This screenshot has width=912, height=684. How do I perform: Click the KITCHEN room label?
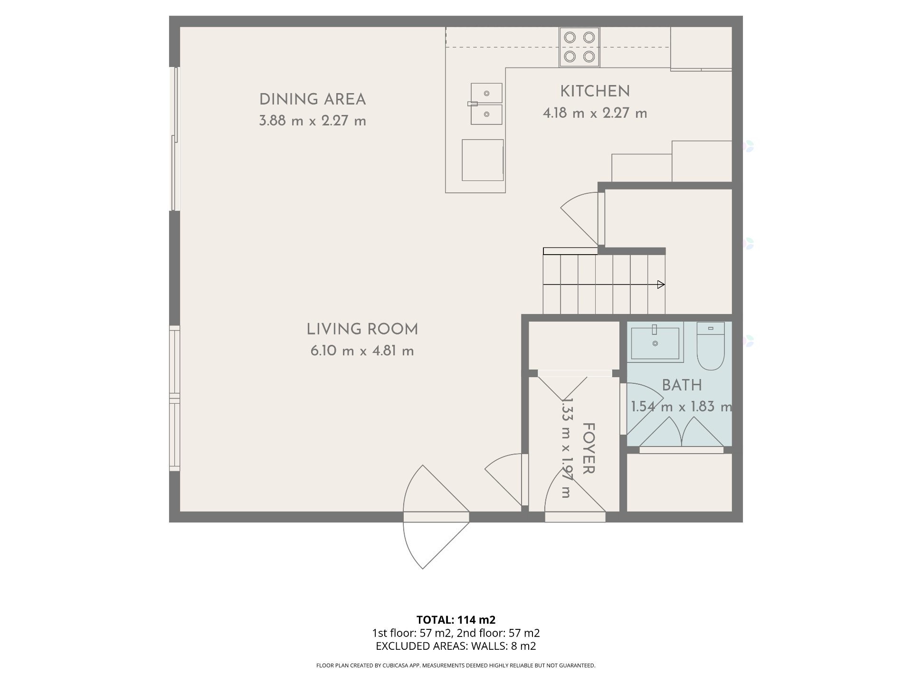pos(595,91)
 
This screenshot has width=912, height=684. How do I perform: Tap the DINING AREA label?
pos(313,99)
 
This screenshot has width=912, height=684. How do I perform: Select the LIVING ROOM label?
pos(362,329)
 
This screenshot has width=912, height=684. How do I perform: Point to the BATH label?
pos(682,385)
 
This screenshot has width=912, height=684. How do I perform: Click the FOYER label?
pos(589,448)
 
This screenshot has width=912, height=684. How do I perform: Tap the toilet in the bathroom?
pos(711,346)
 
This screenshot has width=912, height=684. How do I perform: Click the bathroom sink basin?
pos(655,343)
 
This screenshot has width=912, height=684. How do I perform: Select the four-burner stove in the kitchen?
pos(579,47)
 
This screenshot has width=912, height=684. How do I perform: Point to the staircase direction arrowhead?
pos(661,285)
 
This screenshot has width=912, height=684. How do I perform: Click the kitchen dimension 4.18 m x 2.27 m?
pos(595,113)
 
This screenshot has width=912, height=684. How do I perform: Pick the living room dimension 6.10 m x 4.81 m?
pos(362,351)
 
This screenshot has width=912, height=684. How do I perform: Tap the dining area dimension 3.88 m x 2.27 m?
pos(313,121)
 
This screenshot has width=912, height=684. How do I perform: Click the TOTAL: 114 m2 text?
pos(456,620)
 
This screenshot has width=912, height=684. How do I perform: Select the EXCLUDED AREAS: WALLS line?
pos(456,646)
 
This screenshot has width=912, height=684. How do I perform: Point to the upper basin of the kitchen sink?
pos(486,93)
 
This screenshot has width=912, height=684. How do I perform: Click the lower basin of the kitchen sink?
pos(486,114)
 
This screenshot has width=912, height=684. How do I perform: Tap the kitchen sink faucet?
pos(473,104)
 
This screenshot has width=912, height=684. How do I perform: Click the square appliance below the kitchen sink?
pos(483,160)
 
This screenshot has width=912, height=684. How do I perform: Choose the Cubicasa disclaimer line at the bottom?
pos(456,665)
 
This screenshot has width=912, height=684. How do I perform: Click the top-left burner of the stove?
pos(570,37)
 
